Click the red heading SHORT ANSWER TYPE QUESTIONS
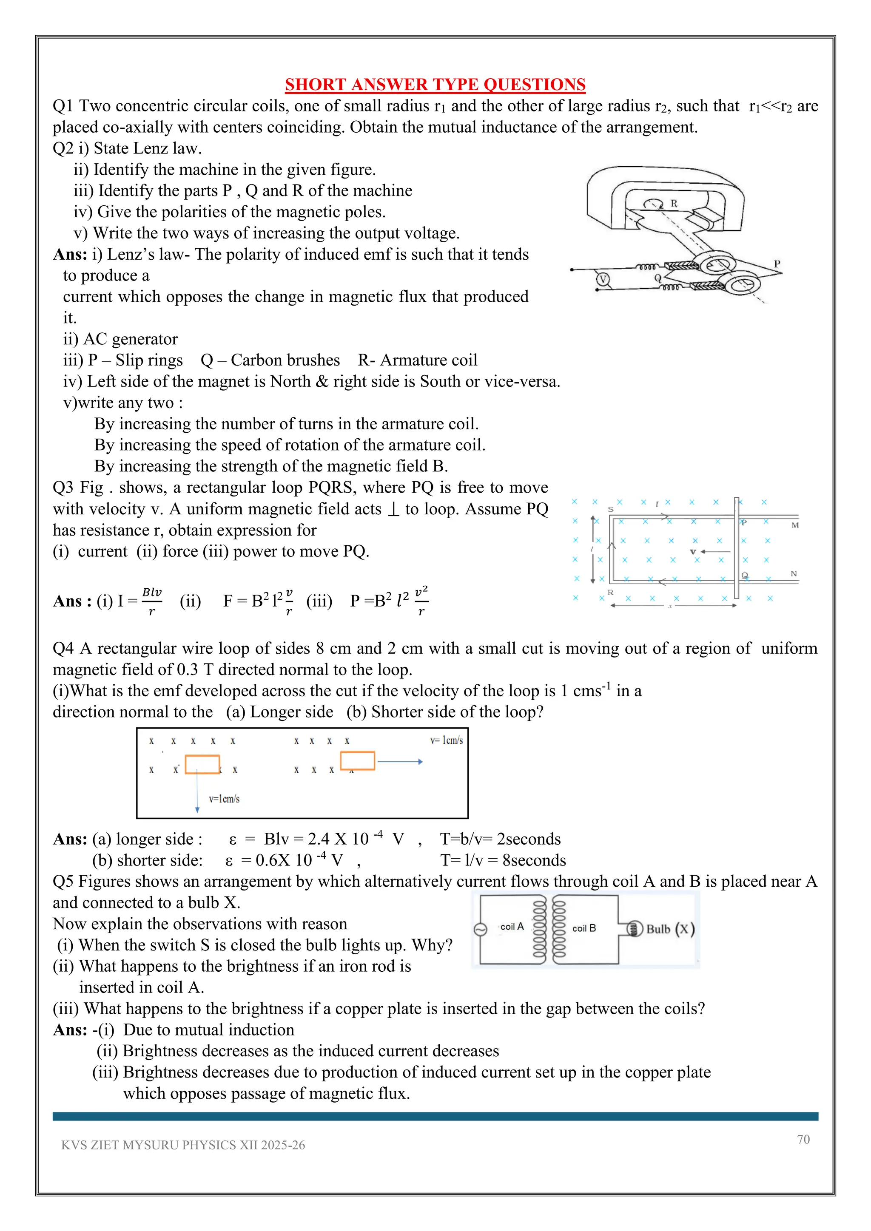click(x=435, y=85)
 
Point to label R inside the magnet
click(x=674, y=204)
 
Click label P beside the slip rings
click(x=777, y=264)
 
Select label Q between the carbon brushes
click(x=658, y=278)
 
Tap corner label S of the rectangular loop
click(x=610, y=509)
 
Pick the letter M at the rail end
click(x=795, y=525)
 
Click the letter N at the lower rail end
click(x=794, y=574)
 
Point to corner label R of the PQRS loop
click(x=610, y=593)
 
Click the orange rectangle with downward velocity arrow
click(x=202, y=765)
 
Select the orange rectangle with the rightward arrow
click(x=357, y=761)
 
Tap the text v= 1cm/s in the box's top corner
click(x=446, y=740)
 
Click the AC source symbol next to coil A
click(x=481, y=929)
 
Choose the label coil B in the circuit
click(x=584, y=928)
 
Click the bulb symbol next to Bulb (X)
click(x=635, y=929)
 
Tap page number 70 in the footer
click(x=803, y=1139)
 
